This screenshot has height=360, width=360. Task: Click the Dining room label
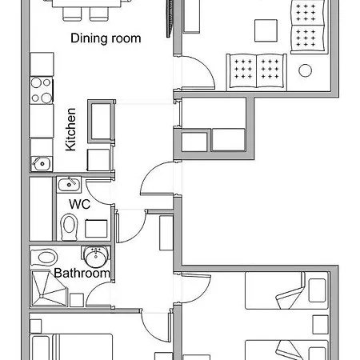[x=106, y=38]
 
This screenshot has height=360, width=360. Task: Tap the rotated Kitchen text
[x=70, y=130]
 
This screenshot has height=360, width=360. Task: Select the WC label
[x=78, y=204]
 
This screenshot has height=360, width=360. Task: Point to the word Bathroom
[x=82, y=274]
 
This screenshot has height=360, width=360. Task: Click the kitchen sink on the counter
[x=41, y=163]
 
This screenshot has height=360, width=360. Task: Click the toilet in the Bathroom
[x=46, y=258]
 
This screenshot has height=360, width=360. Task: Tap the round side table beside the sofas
[x=305, y=70]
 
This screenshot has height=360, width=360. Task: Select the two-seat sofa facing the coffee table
[x=258, y=70]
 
